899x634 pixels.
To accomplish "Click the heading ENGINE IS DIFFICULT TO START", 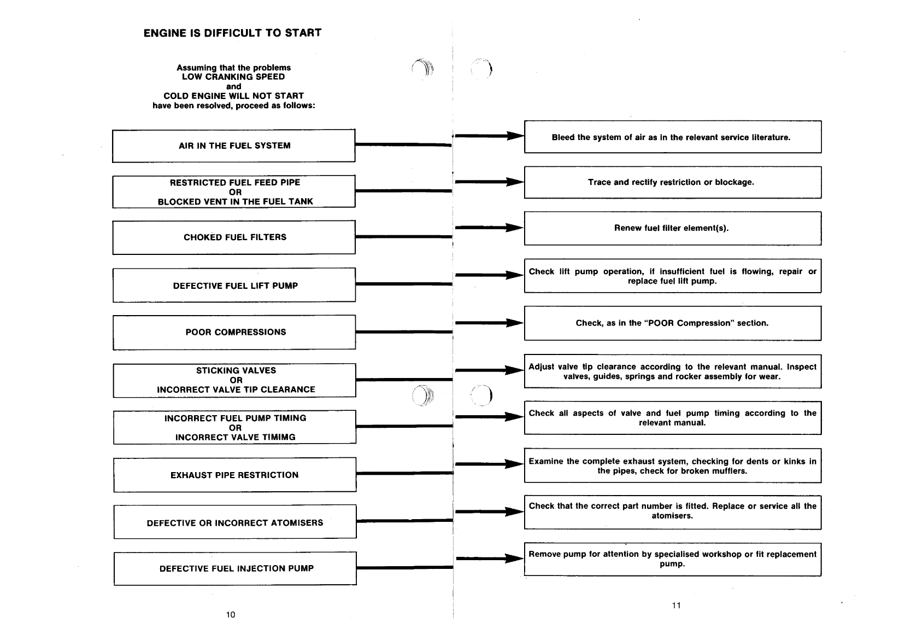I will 232,33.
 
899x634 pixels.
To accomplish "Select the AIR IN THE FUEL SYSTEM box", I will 234,146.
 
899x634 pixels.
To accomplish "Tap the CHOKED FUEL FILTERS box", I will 234,237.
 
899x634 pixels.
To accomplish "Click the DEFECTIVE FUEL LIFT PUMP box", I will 234,286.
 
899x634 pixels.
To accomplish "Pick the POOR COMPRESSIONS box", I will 234,332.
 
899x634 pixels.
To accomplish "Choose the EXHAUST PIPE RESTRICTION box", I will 234,475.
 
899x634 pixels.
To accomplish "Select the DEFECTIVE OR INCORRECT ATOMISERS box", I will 235,523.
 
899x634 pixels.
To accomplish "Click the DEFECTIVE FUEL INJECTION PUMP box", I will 236,568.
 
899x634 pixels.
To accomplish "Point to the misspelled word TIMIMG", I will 280,437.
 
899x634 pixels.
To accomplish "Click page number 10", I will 231,614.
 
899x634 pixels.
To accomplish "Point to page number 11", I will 676,605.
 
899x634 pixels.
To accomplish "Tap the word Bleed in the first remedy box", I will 563,137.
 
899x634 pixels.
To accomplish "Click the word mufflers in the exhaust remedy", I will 730,471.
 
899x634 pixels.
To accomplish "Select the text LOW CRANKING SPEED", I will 233,77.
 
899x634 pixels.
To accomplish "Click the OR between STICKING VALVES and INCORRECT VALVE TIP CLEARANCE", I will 236,380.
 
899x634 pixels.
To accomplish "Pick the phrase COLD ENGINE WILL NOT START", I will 233,96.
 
